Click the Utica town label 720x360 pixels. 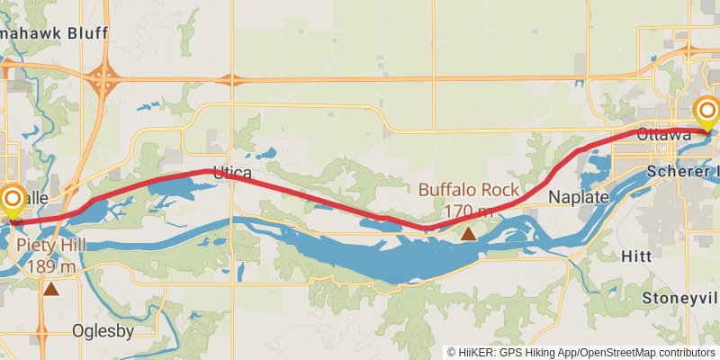(x=232, y=171)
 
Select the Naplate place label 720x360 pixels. (x=580, y=196)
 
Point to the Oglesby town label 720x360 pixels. (x=103, y=330)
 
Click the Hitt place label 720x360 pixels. (x=636, y=256)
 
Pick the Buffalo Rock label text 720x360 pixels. (x=468, y=190)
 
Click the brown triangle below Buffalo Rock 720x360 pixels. (x=468, y=233)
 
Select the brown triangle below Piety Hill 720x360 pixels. (x=52, y=289)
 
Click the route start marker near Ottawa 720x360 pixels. (x=707, y=112)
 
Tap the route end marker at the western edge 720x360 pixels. (x=13, y=198)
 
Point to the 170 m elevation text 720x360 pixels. (x=468, y=211)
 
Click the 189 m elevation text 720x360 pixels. (x=51, y=266)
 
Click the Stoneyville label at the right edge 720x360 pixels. (x=681, y=297)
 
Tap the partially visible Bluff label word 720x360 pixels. (x=85, y=33)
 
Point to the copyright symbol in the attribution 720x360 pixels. (x=452, y=352)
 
